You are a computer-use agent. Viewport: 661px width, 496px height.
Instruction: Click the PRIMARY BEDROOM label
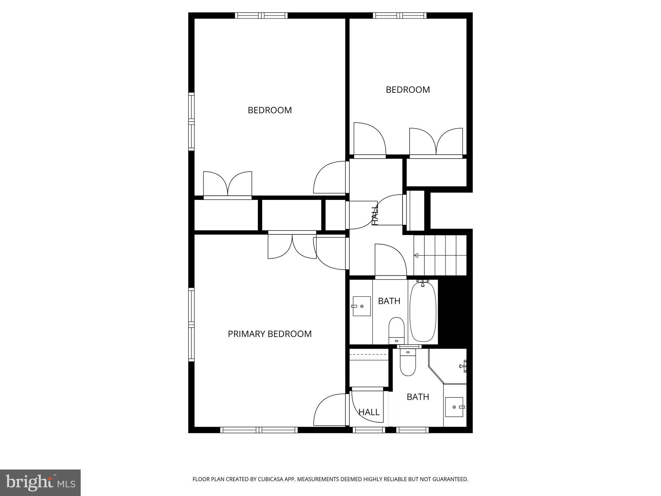(269, 334)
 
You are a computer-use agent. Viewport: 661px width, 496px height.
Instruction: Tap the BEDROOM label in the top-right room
(408, 89)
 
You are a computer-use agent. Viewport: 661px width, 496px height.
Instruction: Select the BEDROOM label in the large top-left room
(269, 110)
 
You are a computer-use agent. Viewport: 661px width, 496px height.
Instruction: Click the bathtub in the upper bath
(423, 312)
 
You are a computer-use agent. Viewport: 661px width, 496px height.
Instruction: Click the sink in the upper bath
(361, 306)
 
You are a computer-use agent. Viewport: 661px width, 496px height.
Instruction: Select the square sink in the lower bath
(454, 407)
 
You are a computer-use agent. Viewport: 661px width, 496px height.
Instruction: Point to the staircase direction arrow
(416, 255)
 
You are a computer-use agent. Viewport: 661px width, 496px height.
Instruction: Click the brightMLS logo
(40, 482)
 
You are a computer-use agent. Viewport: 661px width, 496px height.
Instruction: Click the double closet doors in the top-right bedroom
(436, 142)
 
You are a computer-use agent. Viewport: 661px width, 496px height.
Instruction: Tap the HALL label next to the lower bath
(369, 412)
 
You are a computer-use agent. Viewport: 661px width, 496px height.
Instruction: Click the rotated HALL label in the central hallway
(375, 216)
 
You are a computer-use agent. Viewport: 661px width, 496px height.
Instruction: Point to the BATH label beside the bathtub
(389, 301)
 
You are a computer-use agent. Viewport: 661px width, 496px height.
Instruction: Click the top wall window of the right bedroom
(400, 15)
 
